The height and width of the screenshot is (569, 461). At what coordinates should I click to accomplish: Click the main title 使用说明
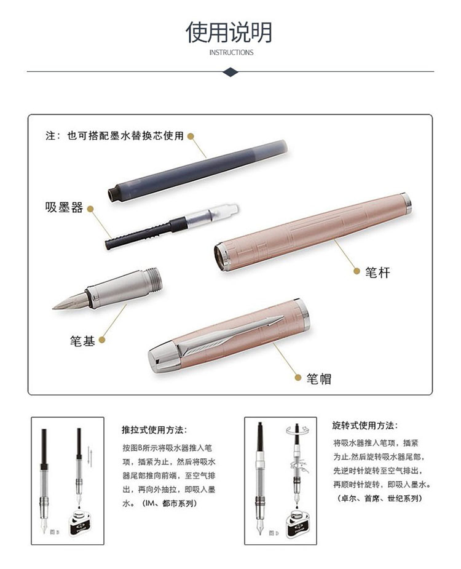(x=229, y=32)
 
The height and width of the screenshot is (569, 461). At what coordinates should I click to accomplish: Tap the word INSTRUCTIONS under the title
(x=231, y=53)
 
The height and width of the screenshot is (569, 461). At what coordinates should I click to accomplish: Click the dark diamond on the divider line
(x=230, y=72)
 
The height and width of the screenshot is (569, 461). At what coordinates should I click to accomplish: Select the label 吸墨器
(x=64, y=207)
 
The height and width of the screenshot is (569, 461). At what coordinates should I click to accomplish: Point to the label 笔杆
(x=377, y=272)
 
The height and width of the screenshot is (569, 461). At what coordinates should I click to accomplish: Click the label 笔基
(x=82, y=340)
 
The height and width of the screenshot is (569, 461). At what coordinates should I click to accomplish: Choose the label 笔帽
(x=319, y=378)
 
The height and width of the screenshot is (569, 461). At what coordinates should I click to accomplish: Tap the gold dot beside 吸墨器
(x=91, y=209)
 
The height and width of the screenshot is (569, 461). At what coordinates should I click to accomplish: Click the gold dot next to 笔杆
(x=357, y=271)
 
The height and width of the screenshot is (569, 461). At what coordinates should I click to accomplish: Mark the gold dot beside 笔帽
(x=298, y=378)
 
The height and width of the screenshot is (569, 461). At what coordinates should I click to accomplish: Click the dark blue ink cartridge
(x=198, y=170)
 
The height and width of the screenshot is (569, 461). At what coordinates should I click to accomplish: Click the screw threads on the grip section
(x=153, y=279)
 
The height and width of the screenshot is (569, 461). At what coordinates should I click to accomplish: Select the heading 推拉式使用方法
(x=154, y=430)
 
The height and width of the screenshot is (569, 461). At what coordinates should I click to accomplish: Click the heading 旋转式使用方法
(x=365, y=426)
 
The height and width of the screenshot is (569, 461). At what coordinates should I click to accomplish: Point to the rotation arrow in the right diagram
(x=297, y=431)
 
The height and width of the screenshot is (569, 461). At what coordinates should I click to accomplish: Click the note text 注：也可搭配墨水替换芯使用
(x=114, y=136)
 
